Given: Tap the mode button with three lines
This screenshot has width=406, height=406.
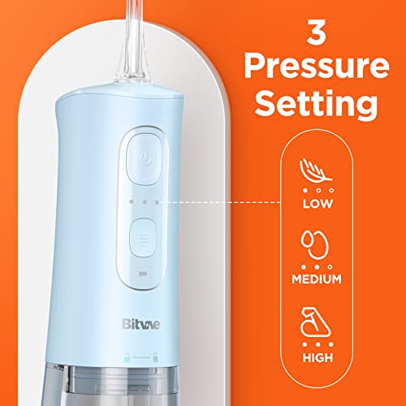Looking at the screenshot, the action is click(x=143, y=238).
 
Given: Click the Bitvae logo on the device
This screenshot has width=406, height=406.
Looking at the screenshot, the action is click(x=140, y=324).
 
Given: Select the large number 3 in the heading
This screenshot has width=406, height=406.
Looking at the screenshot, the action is click(x=316, y=32).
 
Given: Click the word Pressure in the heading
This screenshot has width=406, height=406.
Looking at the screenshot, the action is click(x=317, y=67).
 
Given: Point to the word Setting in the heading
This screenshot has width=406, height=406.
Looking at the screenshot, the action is click(x=316, y=106).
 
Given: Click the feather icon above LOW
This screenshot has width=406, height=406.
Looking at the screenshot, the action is click(x=316, y=171).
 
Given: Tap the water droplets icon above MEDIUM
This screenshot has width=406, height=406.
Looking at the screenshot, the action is click(x=315, y=245).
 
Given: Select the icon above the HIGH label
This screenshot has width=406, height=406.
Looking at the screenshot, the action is click(x=316, y=322).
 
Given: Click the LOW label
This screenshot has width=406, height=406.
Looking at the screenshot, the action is click(x=317, y=204).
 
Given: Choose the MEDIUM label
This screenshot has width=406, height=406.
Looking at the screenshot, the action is click(x=317, y=279).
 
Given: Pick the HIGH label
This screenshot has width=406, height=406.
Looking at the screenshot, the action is click(x=317, y=358).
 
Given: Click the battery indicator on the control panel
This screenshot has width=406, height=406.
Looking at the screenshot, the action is click(x=142, y=274).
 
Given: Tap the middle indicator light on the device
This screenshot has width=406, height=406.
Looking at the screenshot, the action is click(x=145, y=202).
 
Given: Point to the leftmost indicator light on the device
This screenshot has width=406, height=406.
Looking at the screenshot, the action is click(x=132, y=201).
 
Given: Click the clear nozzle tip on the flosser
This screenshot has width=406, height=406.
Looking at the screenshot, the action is click(x=134, y=41).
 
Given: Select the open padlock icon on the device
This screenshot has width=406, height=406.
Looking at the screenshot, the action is click(x=127, y=357).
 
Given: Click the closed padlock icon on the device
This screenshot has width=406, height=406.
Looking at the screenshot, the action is click(x=156, y=357).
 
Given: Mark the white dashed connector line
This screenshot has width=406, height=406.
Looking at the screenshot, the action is click(x=220, y=202).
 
